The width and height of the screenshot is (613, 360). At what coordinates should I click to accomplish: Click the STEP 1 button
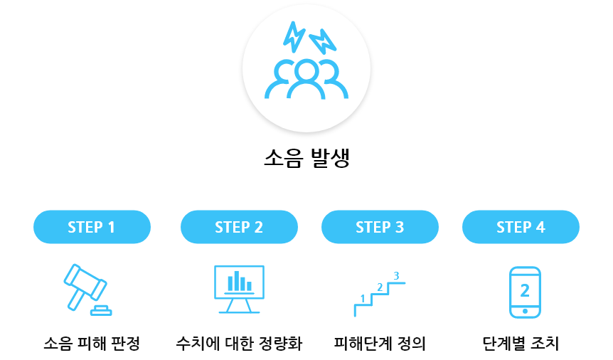(92, 227)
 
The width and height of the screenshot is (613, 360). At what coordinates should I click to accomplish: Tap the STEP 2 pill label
(239, 227)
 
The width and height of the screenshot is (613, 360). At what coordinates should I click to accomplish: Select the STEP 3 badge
(380, 227)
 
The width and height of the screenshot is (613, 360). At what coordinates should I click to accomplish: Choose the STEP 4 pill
(521, 227)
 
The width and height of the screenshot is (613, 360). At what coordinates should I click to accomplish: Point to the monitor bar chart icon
(239, 288)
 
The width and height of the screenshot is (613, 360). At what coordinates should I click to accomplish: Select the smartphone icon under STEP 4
(525, 292)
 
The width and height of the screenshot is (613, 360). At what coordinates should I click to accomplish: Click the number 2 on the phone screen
(525, 290)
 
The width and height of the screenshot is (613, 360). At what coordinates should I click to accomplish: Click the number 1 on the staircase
(363, 298)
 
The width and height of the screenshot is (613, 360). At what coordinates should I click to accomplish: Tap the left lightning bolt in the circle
(293, 36)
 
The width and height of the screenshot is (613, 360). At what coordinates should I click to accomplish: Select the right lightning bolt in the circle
(322, 41)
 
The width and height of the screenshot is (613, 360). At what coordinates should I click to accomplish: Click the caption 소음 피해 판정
(92, 344)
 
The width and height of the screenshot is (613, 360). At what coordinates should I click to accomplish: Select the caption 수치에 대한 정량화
(239, 344)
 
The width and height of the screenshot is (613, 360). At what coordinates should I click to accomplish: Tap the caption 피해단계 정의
(380, 344)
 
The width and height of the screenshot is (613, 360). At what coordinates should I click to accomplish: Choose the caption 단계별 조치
(521, 344)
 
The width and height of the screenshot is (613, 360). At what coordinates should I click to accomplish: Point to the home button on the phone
(525, 310)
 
